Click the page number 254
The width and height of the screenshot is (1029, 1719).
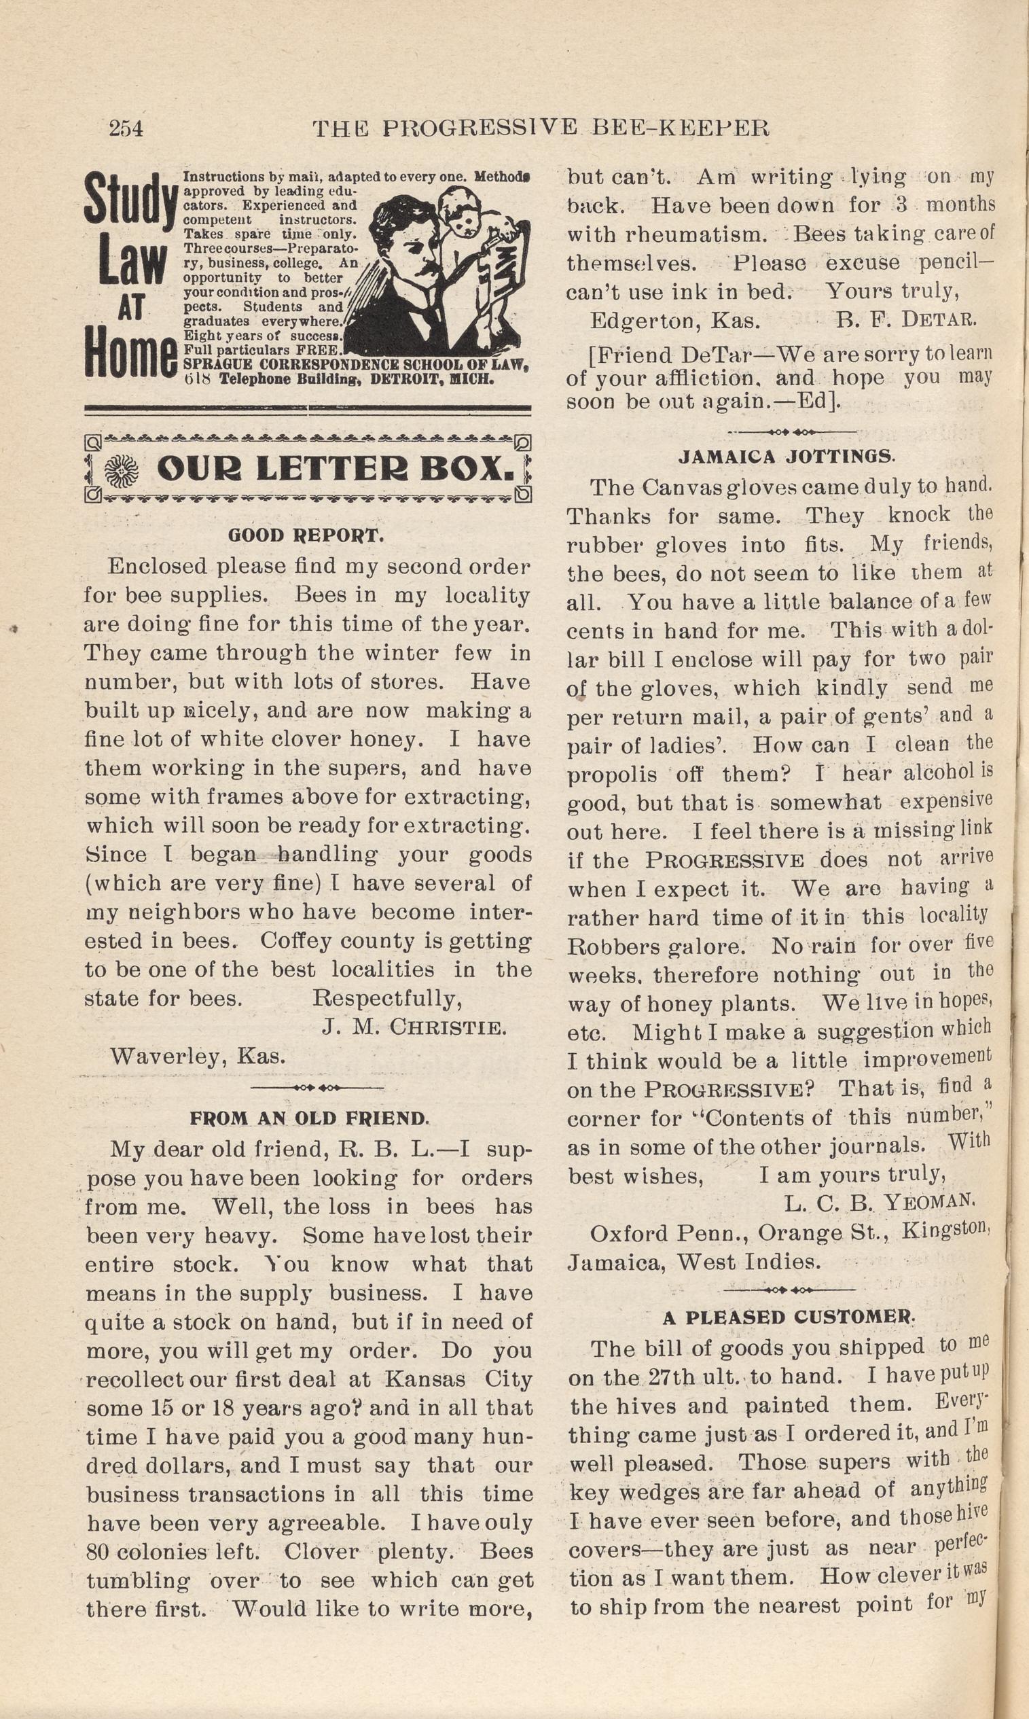tap(126, 128)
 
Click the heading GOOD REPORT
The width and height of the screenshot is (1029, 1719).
tap(305, 535)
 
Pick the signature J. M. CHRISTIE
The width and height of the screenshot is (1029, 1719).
tap(414, 1027)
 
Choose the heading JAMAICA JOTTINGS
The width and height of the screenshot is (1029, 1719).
tap(787, 457)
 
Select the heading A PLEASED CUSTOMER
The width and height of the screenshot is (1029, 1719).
tap(789, 1317)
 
